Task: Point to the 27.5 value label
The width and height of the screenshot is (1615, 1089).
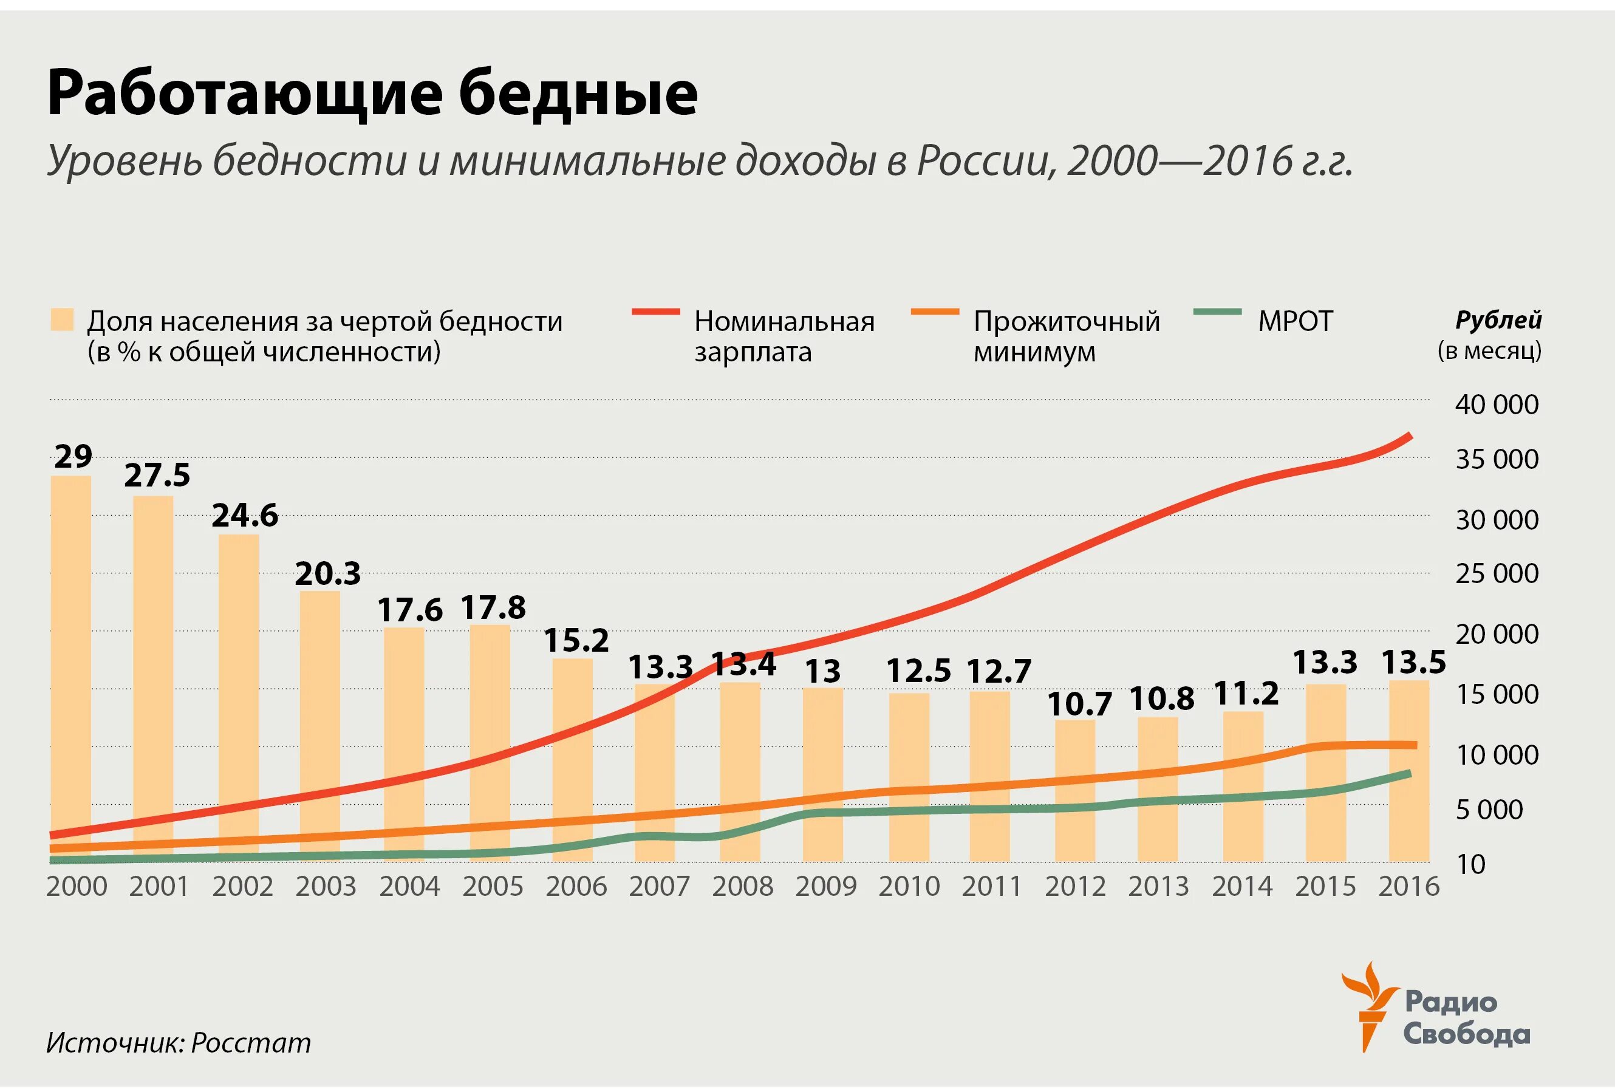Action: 157,476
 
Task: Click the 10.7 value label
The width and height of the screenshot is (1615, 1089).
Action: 1079,705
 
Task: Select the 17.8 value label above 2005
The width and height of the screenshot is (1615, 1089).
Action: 493,608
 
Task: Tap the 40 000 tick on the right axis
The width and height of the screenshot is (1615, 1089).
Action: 1497,405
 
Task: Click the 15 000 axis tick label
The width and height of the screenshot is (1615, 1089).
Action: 1497,694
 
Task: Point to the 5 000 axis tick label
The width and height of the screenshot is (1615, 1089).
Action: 1489,809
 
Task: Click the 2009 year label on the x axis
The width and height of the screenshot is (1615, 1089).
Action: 825,887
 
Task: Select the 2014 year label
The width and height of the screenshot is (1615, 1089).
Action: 1242,887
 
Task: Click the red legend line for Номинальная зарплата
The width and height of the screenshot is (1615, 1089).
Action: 655,312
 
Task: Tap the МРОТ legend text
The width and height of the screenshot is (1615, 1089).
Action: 1295,321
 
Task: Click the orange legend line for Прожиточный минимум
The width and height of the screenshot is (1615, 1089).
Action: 935,312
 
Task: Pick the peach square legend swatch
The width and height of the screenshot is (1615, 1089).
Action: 62,320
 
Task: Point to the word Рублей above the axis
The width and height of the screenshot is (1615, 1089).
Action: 1498,320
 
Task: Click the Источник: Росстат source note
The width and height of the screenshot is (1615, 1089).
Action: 179,1042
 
